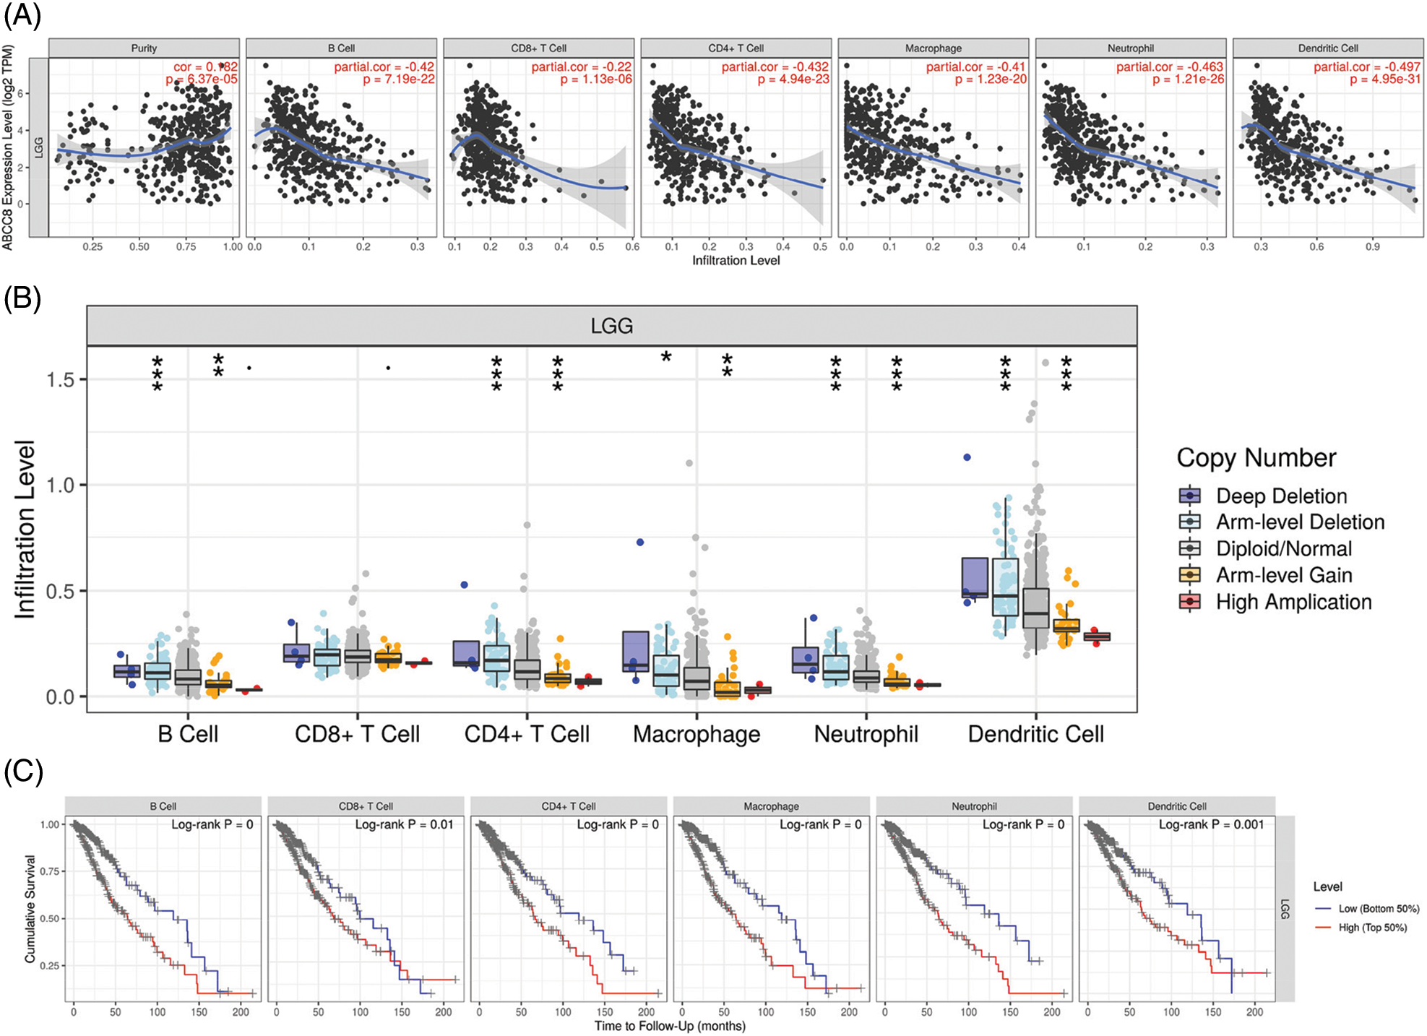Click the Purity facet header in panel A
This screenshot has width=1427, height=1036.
coord(144,48)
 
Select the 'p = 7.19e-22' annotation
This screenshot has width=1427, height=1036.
coord(399,79)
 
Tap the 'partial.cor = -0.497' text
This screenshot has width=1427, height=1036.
coord(1367,67)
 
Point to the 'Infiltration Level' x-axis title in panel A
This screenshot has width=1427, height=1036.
coord(736,261)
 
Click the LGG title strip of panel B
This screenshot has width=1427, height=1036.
coord(611,326)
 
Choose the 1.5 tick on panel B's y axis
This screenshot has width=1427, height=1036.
coord(61,380)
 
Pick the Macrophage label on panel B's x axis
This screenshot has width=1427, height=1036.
coord(697,734)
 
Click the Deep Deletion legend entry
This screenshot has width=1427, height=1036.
coord(1281,496)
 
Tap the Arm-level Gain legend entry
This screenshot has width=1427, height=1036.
coord(1283,575)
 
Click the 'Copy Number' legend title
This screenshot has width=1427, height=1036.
coord(1256,458)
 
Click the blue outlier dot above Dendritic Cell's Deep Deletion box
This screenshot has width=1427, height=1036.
coord(967,457)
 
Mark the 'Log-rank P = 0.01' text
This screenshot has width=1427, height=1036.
coord(404,824)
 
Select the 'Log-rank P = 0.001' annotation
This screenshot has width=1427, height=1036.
coord(1211,824)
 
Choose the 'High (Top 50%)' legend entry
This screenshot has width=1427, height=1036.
coord(1372,928)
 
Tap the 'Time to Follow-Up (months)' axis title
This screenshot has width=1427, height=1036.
coord(670,1026)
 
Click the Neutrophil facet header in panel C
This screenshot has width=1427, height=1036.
coord(974,806)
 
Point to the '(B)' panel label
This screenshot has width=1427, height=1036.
coord(22,298)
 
